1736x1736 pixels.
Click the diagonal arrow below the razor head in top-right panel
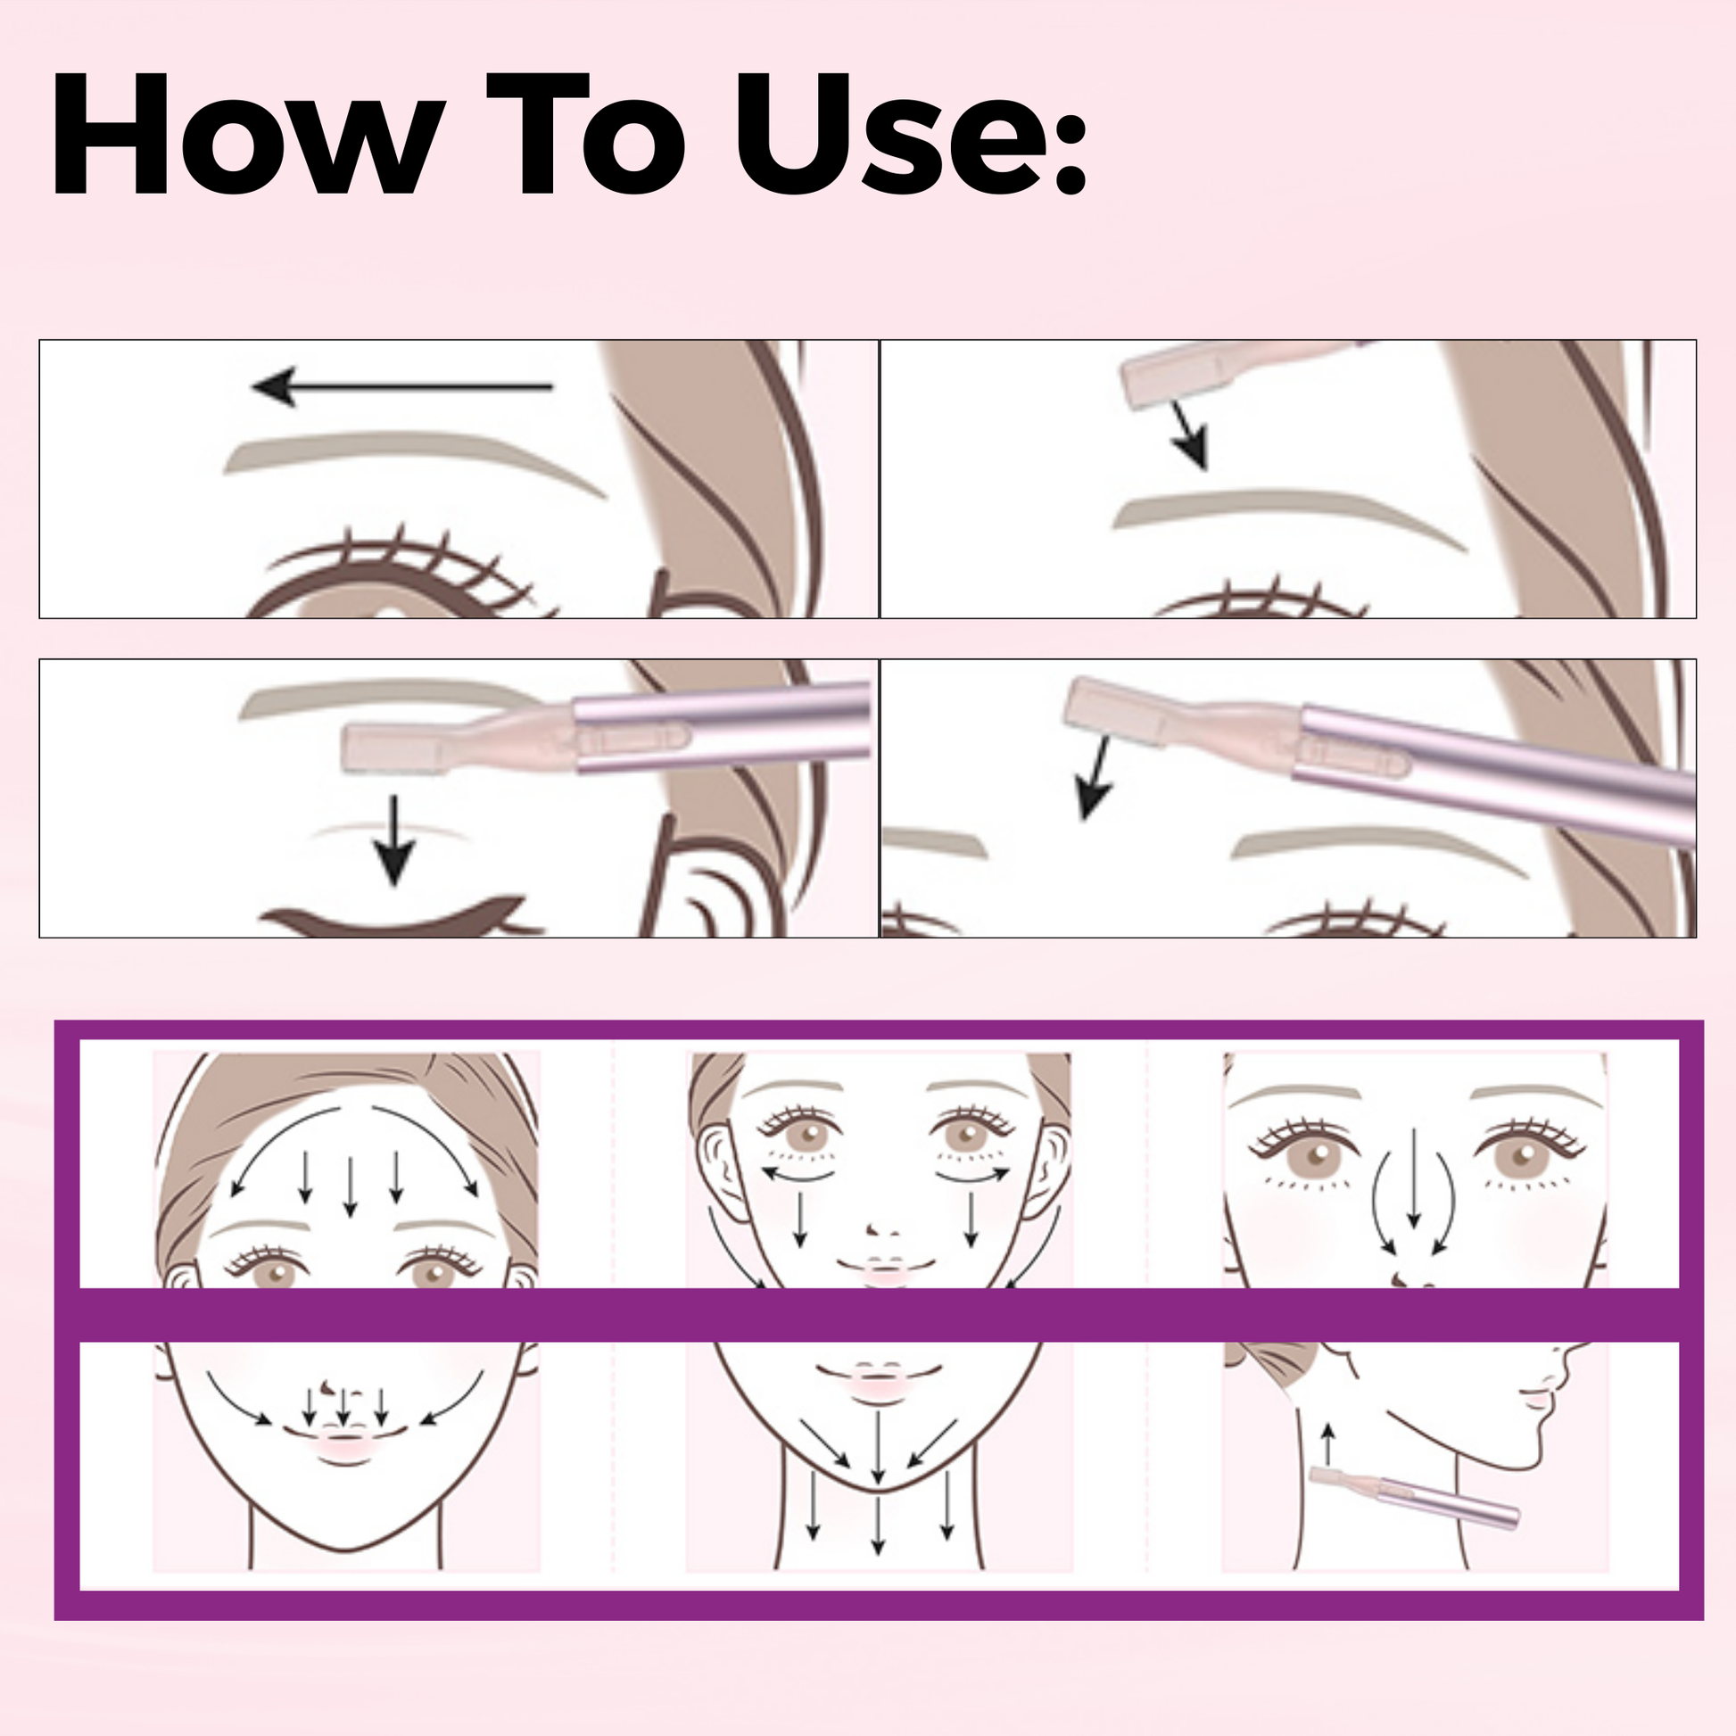[1190, 436]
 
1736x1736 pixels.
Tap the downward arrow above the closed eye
[393, 840]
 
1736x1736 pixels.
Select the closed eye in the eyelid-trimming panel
[395, 918]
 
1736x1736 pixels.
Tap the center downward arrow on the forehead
[351, 1186]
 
